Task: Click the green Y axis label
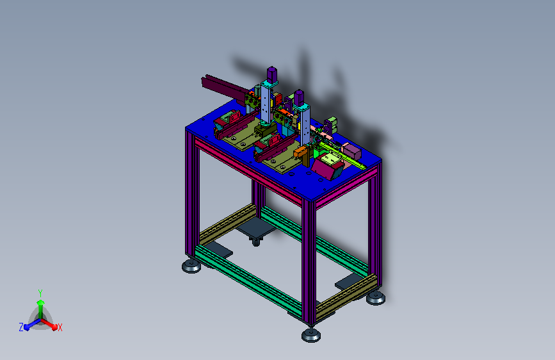pos(40,293)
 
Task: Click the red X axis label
pos(60,327)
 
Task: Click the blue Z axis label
pos(21,327)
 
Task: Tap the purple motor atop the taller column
pos(271,74)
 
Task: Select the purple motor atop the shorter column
pos(299,97)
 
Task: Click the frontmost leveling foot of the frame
pos(311,335)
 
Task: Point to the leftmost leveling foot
pos(191,266)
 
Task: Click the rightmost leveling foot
pos(376,298)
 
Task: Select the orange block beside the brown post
pos(300,152)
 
